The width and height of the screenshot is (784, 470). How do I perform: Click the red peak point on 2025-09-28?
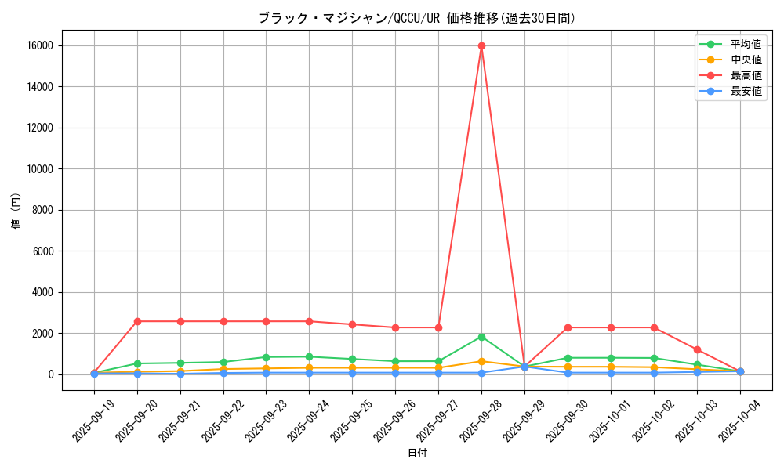(x=481, y=45)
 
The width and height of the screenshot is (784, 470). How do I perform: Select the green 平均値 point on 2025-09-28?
(x=481, y=337)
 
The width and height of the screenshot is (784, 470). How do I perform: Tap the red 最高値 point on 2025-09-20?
(x=137, y=321)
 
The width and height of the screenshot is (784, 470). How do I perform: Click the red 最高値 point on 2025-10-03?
(x=697, y=349)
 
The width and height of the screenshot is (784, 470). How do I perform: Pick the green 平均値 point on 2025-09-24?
(x=309, y=356)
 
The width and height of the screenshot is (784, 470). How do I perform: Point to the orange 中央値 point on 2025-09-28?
(x=481, y=361)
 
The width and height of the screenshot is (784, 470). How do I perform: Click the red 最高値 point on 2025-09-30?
(x=568, y=327)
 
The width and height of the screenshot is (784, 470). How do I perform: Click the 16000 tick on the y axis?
(x=40, y=45)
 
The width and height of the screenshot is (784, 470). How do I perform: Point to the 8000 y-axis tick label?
(x=43, y=210)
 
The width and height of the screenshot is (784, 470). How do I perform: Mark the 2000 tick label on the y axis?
(x=43, y=333)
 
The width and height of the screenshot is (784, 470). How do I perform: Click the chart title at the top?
(x=416, y=18)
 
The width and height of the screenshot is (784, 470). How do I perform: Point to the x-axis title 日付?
(x=417, y=453)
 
